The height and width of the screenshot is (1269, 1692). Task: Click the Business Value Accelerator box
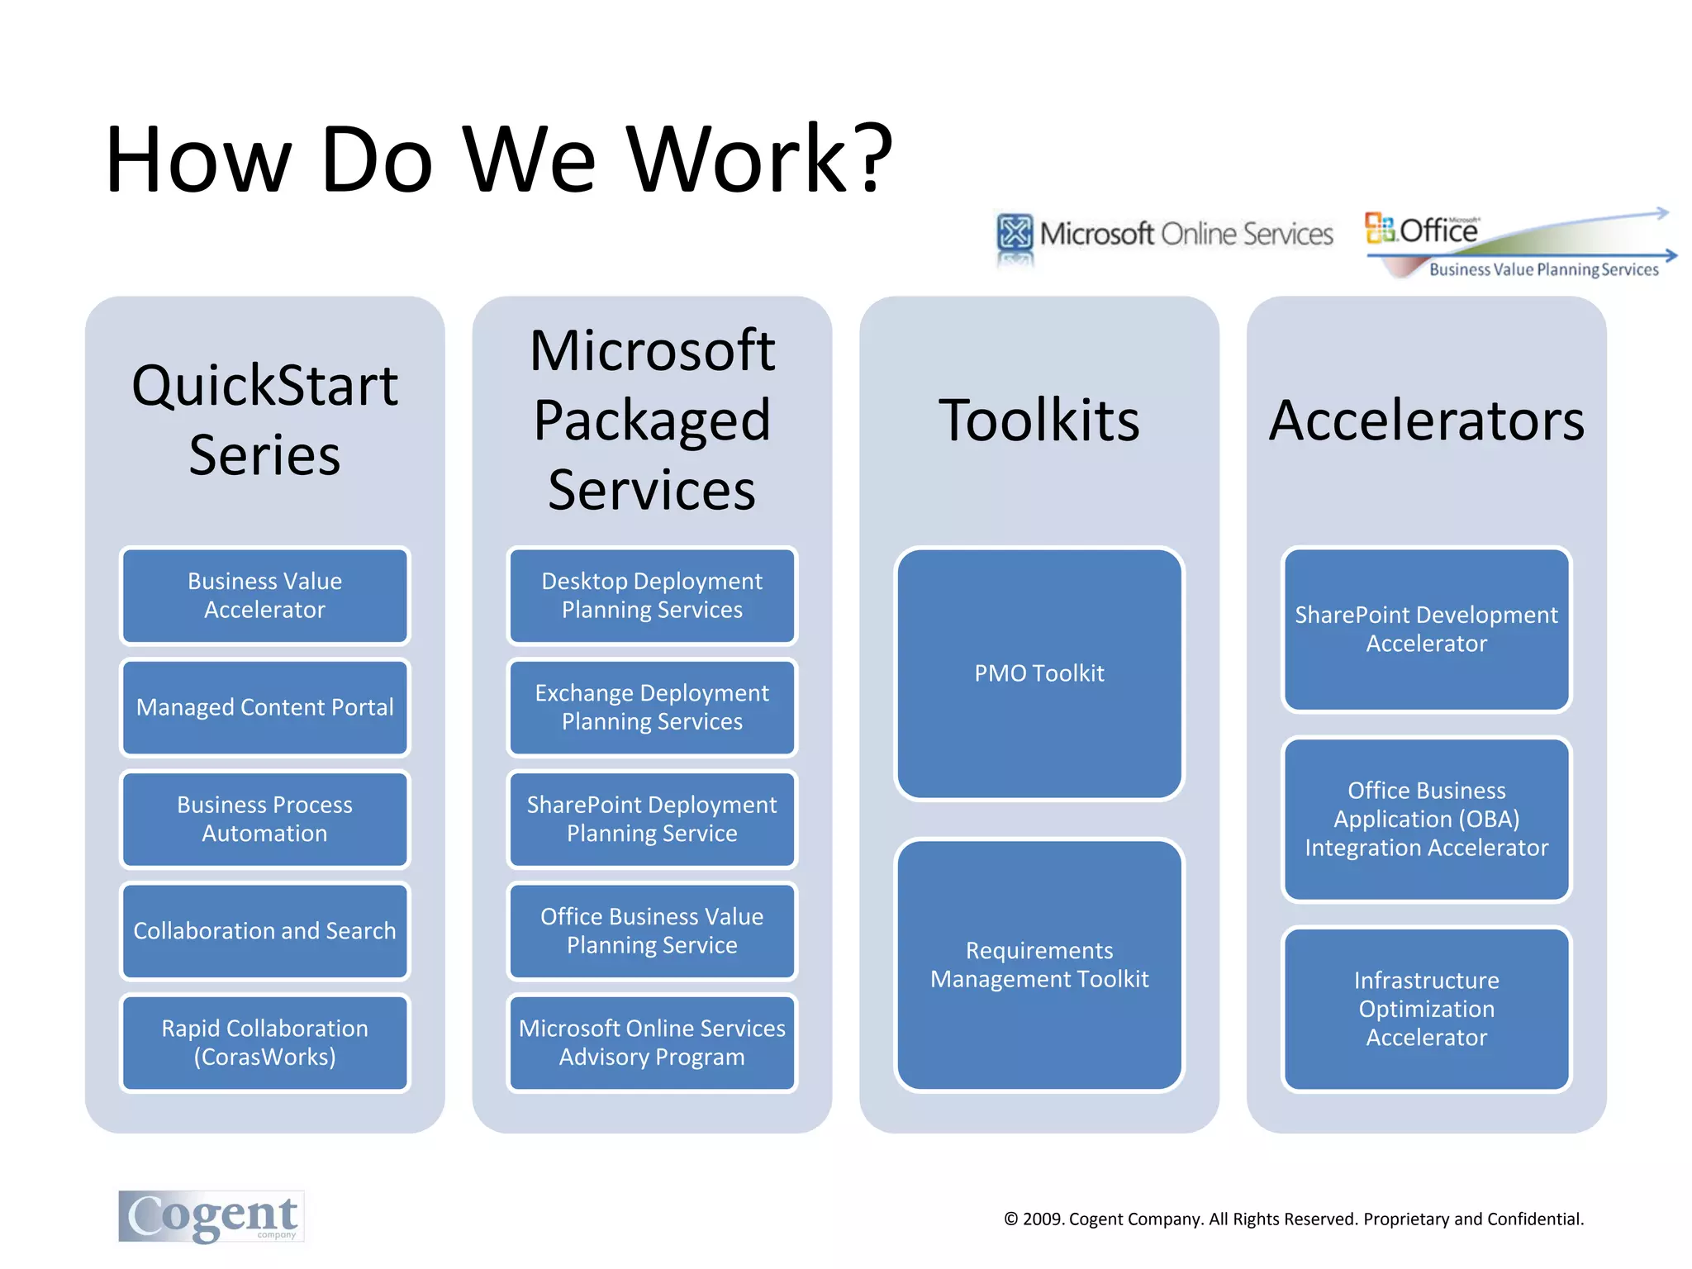(x=264, y=596)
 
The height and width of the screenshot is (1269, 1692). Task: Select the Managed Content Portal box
(x=264, y=707)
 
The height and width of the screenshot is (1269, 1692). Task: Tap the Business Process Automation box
(x=264, y=819)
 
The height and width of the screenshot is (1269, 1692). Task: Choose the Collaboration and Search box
(x=264, y=931)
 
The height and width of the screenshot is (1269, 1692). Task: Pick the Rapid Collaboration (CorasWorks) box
(x=264, y=1043)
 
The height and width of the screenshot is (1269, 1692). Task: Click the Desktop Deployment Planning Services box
(x=652, y=596)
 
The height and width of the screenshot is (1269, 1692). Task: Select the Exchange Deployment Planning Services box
(x=652, y=707)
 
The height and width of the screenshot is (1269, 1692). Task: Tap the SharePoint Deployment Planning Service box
(x=652, y=819)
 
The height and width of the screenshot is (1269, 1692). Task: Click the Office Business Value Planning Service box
(x=652, y=931)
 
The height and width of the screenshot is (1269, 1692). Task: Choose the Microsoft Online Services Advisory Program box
(x=652, y=1043)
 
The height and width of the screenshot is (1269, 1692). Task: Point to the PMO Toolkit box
(x=1039, y=673)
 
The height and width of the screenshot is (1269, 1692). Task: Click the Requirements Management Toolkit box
(x=1039, y=965)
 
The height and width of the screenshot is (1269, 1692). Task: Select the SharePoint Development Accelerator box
(x=1426, y=630)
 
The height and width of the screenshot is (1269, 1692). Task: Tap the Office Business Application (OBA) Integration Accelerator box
(x=1426, y=819)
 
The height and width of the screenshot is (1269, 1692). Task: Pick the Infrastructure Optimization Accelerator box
(x=1426, y=1009)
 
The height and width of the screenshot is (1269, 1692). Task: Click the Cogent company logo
(x=211, y=1216)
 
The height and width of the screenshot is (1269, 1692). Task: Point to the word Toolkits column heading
(x=1039, y=421)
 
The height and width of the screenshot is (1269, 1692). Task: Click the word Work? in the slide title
(x=760, y=159)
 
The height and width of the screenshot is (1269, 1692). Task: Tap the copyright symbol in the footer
(x=1011, y=1219)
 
